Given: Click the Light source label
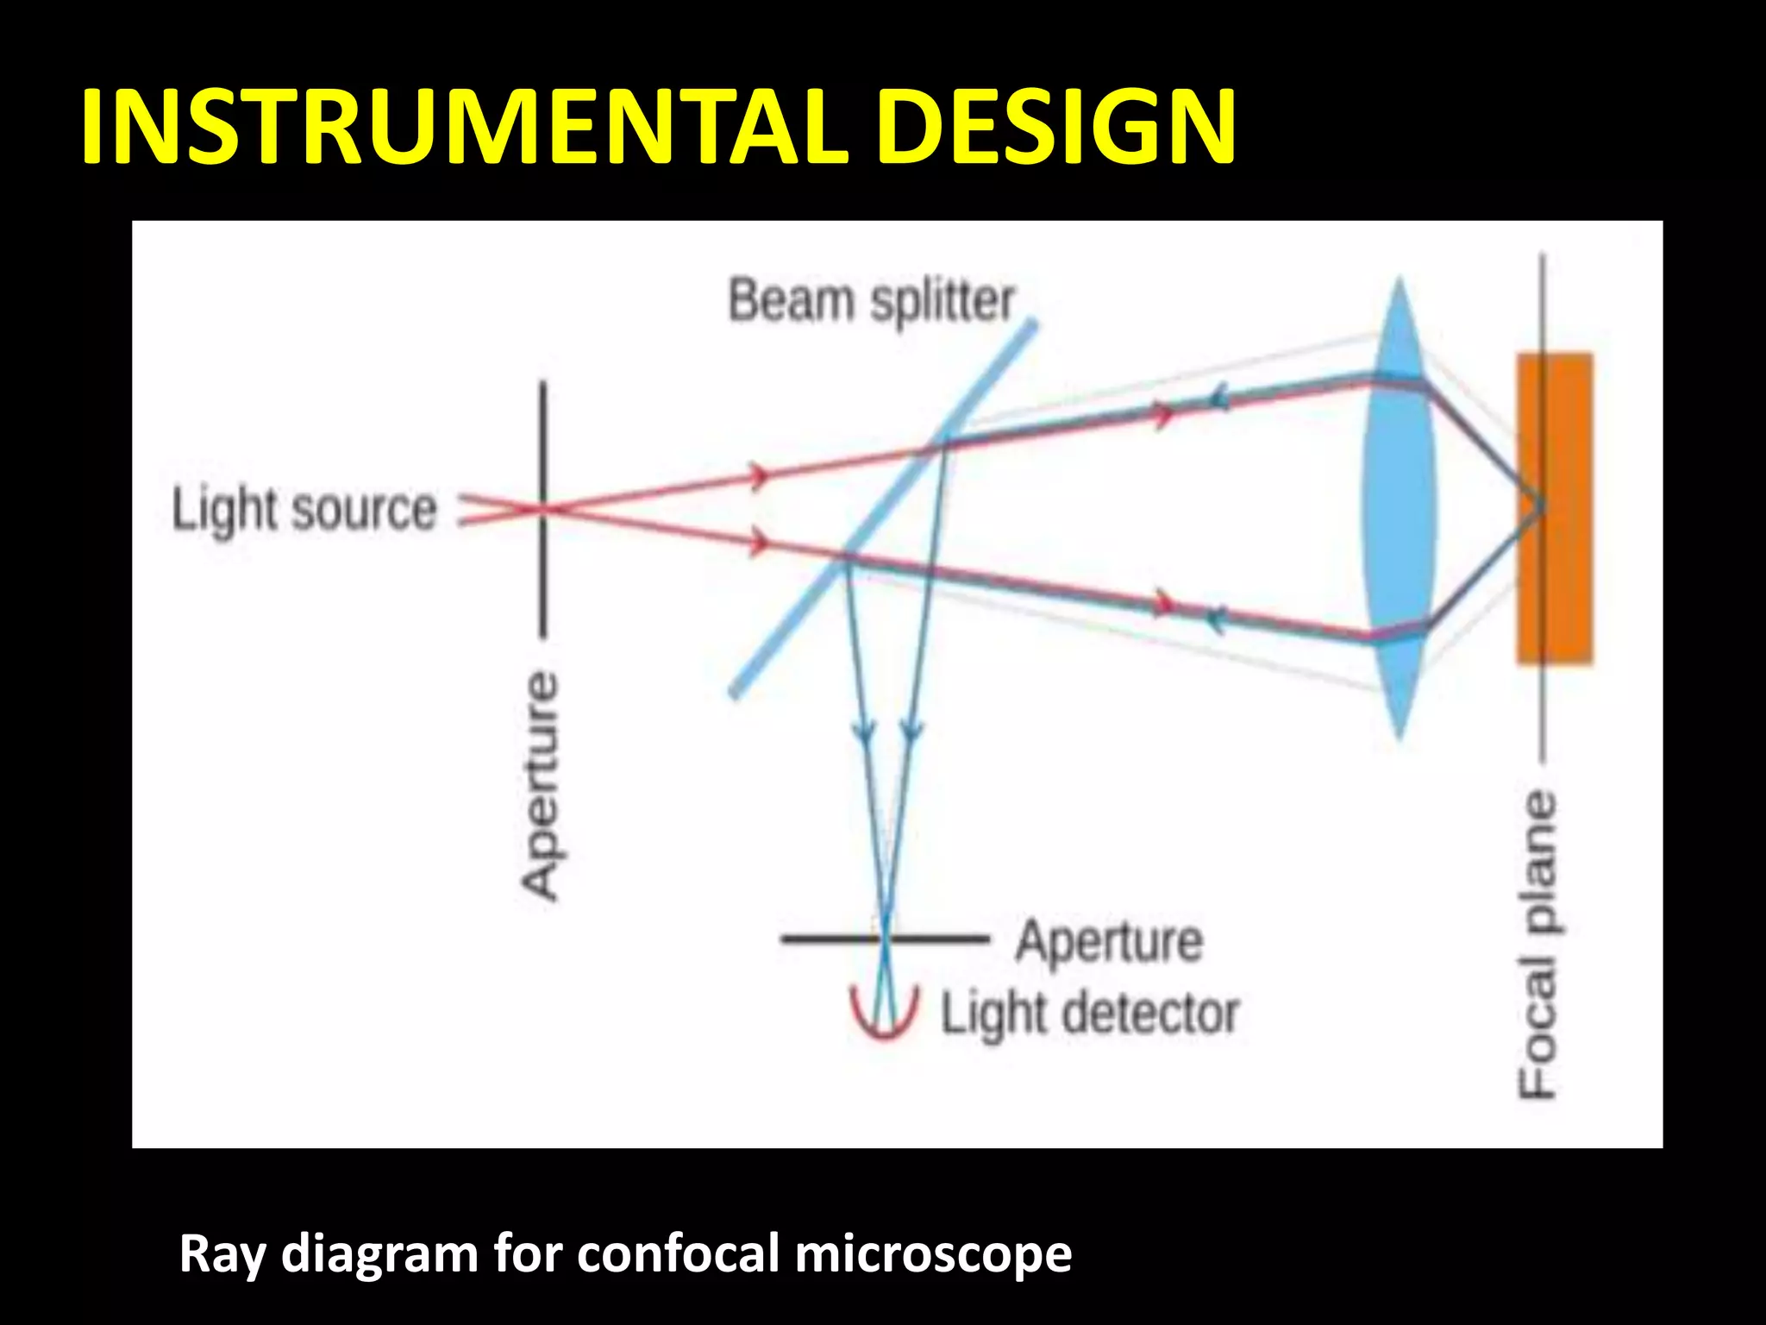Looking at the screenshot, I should (304, 510).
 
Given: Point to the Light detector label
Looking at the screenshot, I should (1089, 1014).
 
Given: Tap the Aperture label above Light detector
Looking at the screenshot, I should (1109, 940).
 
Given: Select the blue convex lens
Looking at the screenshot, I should (1400, 509).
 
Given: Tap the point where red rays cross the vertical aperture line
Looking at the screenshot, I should (543, 509).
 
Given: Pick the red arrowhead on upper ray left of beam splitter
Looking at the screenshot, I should (759, 474).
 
